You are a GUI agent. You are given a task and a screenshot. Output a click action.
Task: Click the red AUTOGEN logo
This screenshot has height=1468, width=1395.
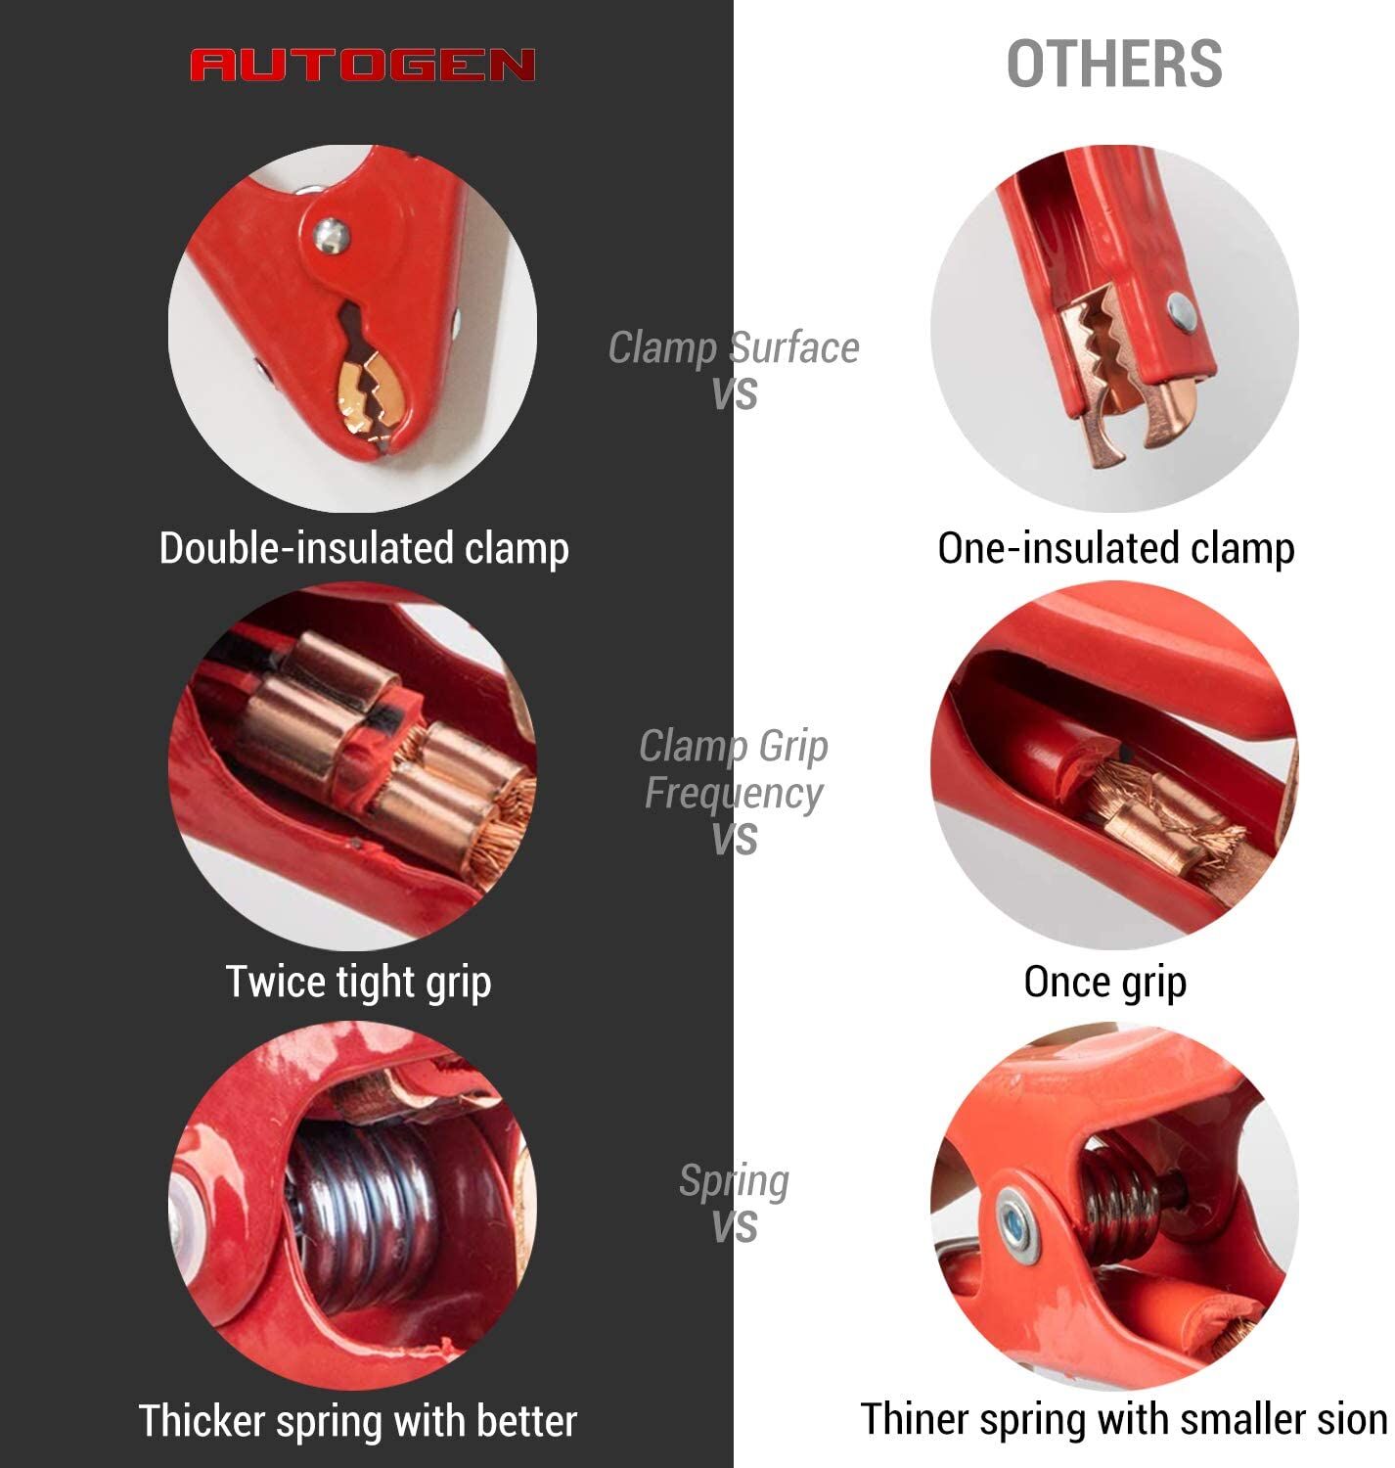tap(362, 65)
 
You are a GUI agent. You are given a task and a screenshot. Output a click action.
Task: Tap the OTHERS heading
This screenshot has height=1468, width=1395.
tap(1113, 65)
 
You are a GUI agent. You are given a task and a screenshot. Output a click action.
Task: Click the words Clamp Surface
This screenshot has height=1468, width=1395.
tap(733, 347)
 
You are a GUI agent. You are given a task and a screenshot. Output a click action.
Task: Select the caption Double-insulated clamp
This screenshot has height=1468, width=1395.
tap(364, 549)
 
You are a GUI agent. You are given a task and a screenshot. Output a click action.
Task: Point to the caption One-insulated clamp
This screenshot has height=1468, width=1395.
tap(1115, 549)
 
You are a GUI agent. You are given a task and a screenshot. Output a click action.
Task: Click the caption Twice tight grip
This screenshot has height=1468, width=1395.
tap(358, 982)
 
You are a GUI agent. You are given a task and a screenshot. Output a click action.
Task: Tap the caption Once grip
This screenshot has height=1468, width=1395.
tap(1104, 982)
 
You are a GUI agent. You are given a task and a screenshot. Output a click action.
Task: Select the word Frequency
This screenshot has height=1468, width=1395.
tap(734, 793)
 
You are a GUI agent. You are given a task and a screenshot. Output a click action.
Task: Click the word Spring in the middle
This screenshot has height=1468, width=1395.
tap(734, 1182)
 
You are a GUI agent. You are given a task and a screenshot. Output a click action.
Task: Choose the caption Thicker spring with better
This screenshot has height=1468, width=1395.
tap(357, 1420)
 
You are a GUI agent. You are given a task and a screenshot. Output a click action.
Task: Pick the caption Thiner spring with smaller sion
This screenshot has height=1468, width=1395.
tap(1123, 1419)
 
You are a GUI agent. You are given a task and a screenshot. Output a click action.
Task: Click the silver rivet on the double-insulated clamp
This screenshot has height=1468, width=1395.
tap(331, 235)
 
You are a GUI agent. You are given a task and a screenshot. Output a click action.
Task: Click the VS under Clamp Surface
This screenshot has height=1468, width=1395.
tap(735, 394)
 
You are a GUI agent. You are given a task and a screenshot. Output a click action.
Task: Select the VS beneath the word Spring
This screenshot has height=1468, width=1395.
tap(735, 1228)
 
